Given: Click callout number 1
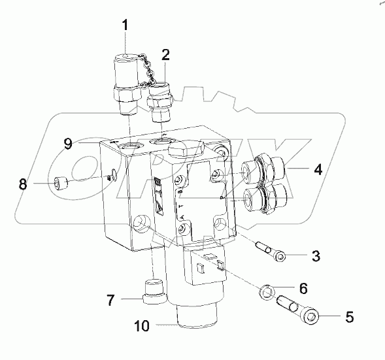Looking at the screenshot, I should click(x=124, y=28).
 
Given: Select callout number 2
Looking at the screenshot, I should click(x=165, y=54).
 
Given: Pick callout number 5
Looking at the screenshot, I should click(x=348, y=318).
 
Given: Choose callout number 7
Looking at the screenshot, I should click(x=110, y=301).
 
